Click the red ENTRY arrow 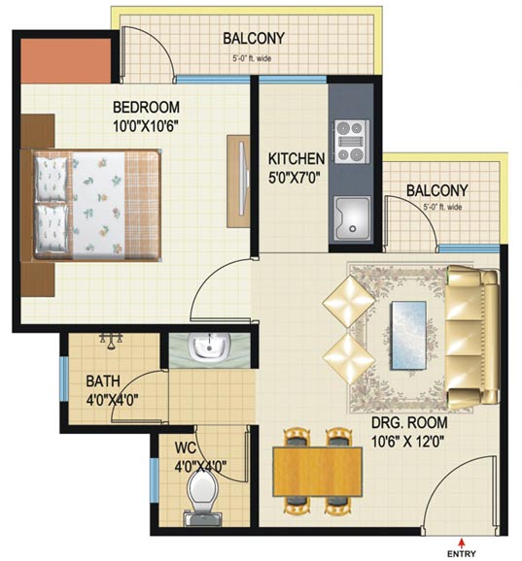click(462, 542)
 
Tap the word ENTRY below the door click(462, 553)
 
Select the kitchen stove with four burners click(352, 142)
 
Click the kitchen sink click(353, 217)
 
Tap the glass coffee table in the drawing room click(409, 335)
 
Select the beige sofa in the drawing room click(471, 337)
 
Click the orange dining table click(318, 471)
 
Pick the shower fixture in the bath click(111, 341)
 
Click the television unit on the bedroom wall click(238, 181)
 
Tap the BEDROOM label click(146, 108)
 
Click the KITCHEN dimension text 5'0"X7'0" click(294, 178)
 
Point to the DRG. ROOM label click(409, 422)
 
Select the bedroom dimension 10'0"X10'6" click(146, 126)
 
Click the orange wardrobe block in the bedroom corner click(65, 61)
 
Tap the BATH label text click(103, 381)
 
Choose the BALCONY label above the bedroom click(254, 39)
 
